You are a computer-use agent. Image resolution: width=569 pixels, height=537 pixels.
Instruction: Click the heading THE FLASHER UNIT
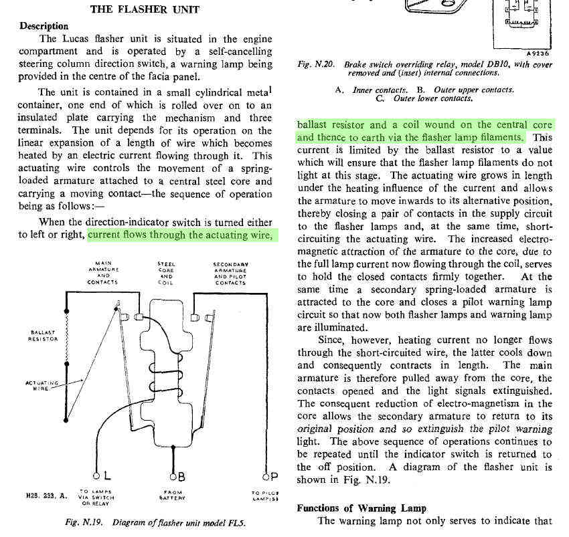click(x=144, y=10)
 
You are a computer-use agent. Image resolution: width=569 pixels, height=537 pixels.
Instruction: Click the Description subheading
click(x=44, y=26)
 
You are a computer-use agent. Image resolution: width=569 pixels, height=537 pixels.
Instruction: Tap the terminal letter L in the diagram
click(x=107, y=476)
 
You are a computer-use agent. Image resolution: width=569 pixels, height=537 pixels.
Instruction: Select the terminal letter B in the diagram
click(x=181, y=476)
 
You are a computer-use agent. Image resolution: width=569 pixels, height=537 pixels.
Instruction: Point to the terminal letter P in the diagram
click(x=274, y=476)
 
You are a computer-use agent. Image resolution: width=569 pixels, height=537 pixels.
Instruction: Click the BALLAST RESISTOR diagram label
click(x=44, y=335)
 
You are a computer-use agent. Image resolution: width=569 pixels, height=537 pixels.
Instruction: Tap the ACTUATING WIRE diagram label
click(x=42, y=385)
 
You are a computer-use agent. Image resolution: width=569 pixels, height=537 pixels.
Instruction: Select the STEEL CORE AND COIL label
click(x=166, y=273)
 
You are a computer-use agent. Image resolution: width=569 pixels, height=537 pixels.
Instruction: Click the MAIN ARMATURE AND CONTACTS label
click(x=104, y=273)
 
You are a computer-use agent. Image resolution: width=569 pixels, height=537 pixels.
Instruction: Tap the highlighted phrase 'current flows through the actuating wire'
click(x=181, y=235)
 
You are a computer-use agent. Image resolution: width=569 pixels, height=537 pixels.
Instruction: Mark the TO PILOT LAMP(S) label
click(x=265, y=496)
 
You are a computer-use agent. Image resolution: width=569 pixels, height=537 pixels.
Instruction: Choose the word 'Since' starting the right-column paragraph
click(x=333, y=340)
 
